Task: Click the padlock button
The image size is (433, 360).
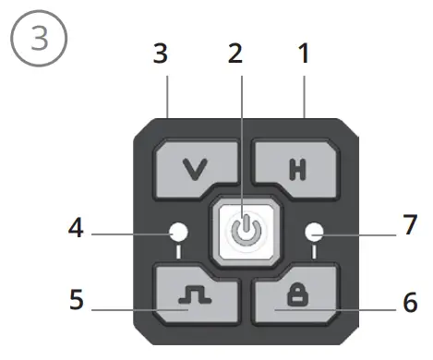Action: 292,293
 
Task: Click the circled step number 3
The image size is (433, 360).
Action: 37,38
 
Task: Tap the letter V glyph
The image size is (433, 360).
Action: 193,168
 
